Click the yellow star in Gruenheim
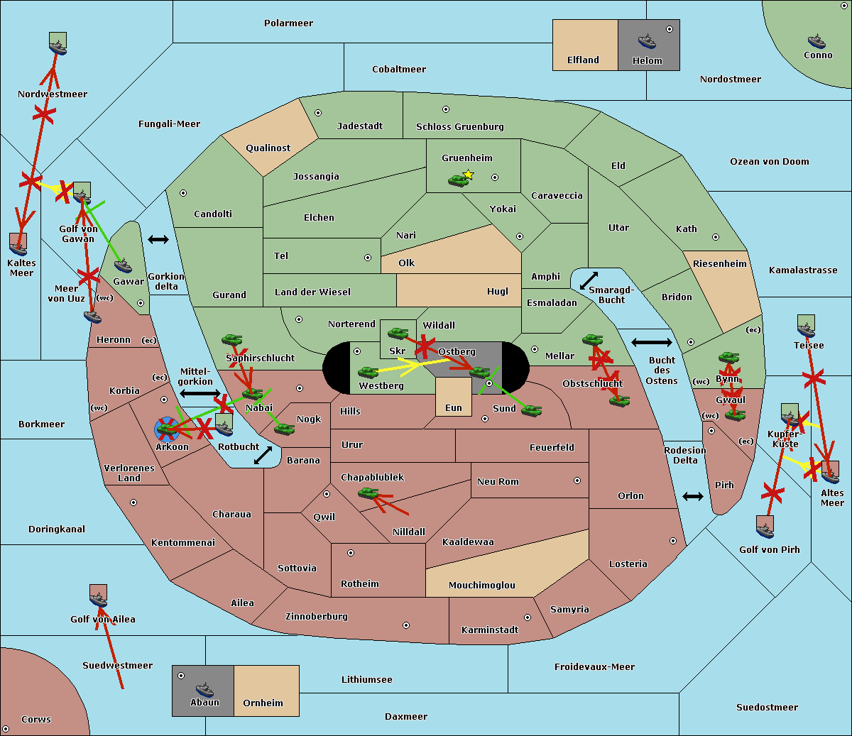468,175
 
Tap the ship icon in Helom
647,41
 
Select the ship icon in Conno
816,41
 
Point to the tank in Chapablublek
368,493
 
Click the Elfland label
583,60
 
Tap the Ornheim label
263,703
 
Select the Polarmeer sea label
288,23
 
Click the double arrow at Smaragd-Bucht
589,280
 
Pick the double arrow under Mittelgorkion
200,393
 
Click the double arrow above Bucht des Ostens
651,343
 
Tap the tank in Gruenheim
457,181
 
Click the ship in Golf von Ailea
98,599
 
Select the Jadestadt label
359,126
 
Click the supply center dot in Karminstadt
527,617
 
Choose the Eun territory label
453,408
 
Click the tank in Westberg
368,373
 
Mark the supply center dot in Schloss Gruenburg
446,109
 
